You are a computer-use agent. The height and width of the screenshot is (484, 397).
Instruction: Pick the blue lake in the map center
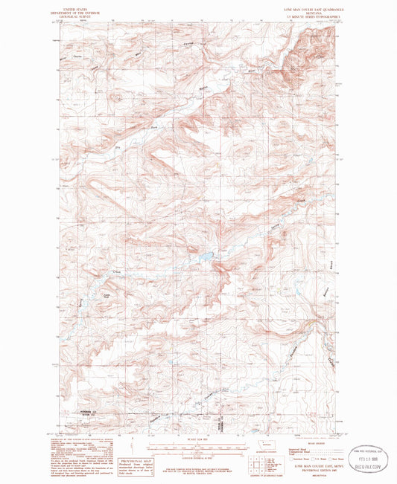click(x=203, y=259)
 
